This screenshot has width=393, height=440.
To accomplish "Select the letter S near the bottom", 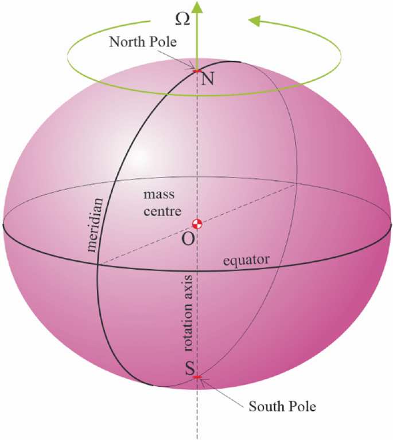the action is click(190, 368).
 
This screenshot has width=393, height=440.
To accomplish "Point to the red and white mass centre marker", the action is click(197, 223).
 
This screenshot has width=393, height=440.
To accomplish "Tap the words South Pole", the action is click(282, 407).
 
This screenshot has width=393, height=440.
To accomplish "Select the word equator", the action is click(246, 260).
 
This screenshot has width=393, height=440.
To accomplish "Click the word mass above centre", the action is click(158, 194).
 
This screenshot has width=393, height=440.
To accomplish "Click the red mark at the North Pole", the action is click(197, 70).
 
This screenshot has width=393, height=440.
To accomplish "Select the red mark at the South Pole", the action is click(197, 377).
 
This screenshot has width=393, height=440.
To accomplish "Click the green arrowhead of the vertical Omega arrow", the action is click(197, 7).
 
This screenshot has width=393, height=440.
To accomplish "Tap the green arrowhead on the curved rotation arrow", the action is click(254, 21).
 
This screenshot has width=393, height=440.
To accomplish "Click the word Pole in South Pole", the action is click(302, 407).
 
